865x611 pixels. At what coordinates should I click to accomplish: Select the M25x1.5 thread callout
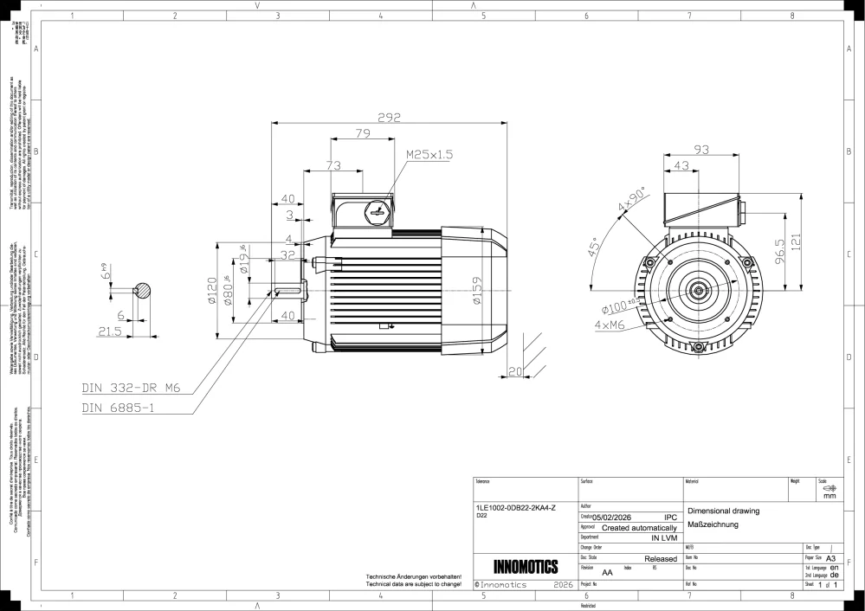point(429,154)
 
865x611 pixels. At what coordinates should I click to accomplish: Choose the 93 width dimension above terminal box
point(700,150)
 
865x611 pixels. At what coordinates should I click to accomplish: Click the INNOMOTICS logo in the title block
point(526,567)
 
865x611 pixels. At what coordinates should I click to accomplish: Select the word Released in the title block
point(661,559)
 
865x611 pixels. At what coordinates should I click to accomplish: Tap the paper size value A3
point(831,559)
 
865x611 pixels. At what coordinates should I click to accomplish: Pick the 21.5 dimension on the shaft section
point(110,331)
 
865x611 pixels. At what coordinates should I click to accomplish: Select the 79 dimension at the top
point(363,133)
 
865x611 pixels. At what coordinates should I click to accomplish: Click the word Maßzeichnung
point(711,524)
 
